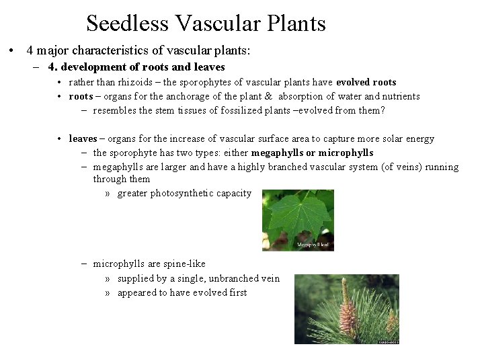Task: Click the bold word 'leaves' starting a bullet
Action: pos(83,138)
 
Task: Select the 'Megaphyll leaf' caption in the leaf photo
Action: pos(312,246)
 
